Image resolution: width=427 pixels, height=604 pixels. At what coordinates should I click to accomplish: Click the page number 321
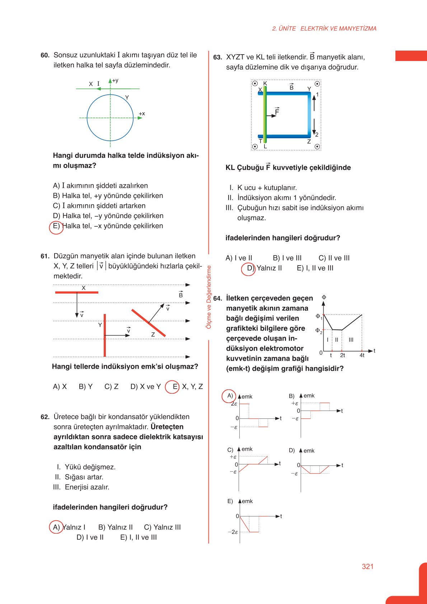(x=367, y=567)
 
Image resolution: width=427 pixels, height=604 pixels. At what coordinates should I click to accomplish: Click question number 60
(x=45, y=55)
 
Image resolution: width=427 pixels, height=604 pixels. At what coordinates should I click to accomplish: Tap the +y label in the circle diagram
(x=115, y=81)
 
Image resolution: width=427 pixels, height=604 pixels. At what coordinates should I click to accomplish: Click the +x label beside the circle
(x=142, y=114)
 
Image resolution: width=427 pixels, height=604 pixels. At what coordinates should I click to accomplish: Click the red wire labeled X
(x=76, y=292)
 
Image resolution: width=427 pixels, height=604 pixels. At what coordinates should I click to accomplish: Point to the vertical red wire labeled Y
(x=105, y=335)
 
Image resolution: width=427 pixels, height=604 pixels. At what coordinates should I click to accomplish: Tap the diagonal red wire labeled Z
(x=148, y=323)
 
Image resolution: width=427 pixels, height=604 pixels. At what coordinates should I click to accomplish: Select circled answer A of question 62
(x=56, y=527)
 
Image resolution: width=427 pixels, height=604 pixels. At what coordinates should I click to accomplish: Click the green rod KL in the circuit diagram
(x=265, y=115)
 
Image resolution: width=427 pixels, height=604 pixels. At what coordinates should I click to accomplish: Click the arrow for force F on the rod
(x=272, y=116)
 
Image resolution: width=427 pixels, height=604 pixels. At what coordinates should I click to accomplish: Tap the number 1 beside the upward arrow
(x=317, y=94)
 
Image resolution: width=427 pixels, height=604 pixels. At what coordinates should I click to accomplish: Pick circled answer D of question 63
(x=248, y=268)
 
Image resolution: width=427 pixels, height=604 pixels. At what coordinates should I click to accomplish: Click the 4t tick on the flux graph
(x=362, y=355)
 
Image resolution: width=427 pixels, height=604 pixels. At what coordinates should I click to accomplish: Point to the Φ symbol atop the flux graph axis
(x=324, y=298)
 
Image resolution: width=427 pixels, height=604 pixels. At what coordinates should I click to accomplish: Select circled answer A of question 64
(x=229, y=396)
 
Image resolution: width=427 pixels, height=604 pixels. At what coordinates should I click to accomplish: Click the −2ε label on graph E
(x=233, y=532)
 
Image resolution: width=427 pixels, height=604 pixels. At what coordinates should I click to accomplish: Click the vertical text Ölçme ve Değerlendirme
(x=209, y=297)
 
